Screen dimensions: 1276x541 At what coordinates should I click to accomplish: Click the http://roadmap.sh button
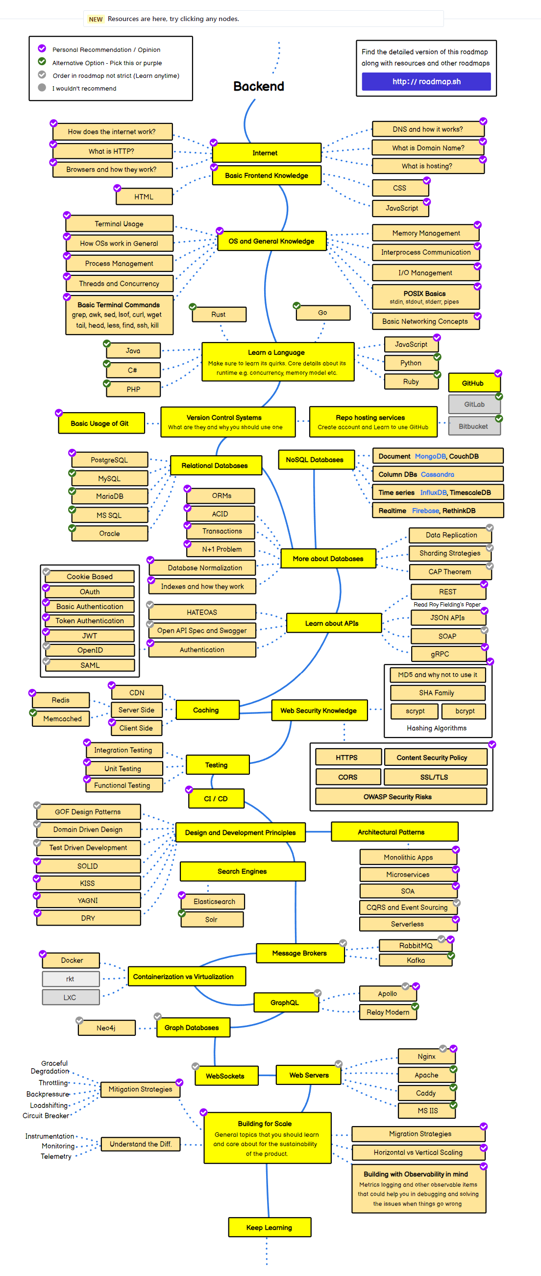pos(426,82)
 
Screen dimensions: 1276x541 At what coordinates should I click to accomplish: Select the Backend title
pos(259,86)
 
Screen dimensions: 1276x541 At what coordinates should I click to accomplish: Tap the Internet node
pos(267,153)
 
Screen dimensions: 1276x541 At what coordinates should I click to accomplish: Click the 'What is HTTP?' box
pos(112,151)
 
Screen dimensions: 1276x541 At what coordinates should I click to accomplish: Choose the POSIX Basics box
pos(425,297)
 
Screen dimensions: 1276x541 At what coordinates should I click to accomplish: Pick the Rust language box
pos(219,315)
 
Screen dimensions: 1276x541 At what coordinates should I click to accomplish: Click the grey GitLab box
pos(474,404)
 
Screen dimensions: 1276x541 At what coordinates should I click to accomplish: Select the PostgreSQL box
pos(109,460)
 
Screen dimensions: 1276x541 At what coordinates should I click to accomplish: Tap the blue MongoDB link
pos(430,456)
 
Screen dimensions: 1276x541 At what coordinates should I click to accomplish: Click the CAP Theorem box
pos(450,572)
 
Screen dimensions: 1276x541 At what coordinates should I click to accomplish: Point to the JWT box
pos(90,636)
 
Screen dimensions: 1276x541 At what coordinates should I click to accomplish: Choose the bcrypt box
pos(465,711)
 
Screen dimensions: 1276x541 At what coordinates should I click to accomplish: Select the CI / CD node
pos(216,799)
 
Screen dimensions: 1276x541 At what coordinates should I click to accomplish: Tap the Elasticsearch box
pos(214,902)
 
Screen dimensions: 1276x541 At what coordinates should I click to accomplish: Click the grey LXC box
pos(71,997)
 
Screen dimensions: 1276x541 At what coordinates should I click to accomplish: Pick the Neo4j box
pos(106,1028)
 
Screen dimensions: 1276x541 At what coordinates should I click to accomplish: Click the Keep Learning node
pos(269,1227)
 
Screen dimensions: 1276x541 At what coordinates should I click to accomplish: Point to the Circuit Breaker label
pos(46,1115)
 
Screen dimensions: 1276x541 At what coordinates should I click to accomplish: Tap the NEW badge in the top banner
pos(96,19)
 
